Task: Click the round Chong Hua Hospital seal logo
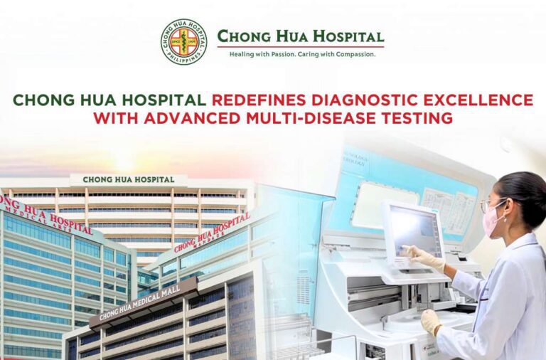click(184, 42)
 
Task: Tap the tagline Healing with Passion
click(264, 54)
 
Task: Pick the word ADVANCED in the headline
click(197, 118)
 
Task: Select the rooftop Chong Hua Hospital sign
click(128, 180)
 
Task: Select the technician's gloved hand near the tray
click(431, 321)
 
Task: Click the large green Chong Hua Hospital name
click(300, 36)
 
